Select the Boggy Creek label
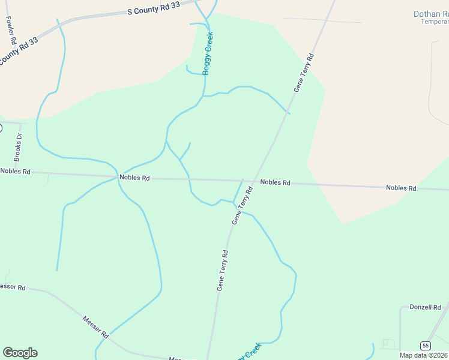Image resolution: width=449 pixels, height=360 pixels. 208,53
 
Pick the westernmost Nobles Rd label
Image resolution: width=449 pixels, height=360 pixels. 15,171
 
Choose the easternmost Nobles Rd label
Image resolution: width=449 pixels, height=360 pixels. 401,188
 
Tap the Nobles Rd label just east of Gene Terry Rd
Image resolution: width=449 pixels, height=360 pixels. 276,182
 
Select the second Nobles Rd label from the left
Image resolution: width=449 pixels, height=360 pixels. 134,178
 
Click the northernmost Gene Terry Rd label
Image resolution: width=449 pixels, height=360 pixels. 304,73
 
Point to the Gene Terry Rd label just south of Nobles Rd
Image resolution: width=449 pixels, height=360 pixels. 242,206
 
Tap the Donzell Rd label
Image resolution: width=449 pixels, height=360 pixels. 425,307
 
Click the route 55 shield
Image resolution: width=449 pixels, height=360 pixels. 425,346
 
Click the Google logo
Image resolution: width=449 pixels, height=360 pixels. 20,353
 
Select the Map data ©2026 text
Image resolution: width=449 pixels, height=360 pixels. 424,355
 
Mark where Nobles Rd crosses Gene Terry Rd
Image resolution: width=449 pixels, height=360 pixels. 255,181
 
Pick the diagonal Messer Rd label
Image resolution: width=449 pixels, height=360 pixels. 95,326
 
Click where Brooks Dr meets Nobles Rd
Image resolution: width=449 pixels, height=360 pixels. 22,172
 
